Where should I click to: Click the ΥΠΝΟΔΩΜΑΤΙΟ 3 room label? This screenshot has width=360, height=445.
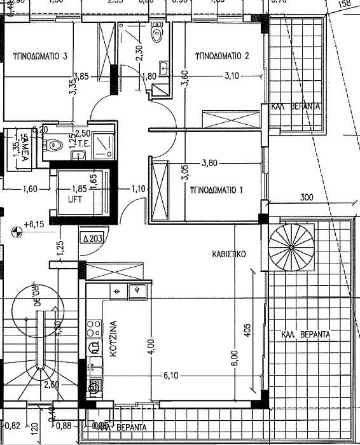click(40, 55)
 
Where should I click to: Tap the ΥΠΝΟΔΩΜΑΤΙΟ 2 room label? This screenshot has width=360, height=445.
click(221, 55)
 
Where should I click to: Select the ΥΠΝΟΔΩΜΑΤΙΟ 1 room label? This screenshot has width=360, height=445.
click(218, 190)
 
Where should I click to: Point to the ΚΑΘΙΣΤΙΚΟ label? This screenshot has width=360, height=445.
click(229, 253)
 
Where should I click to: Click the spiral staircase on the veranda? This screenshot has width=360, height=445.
click(291, 246)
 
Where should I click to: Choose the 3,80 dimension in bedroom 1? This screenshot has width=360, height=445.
click(209, 162)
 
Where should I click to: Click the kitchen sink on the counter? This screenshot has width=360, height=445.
click(136, 291)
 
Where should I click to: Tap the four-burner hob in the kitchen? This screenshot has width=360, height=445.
click(94, 328)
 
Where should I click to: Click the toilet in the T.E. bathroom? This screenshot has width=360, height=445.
click(54, 145)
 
